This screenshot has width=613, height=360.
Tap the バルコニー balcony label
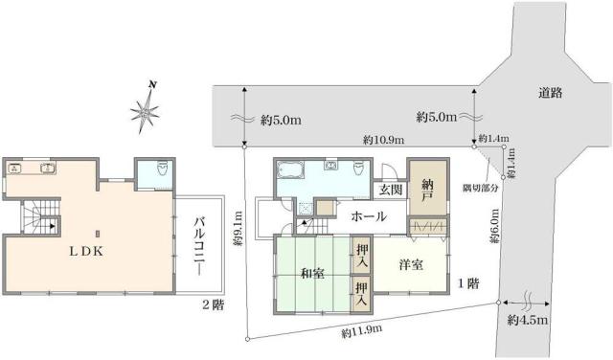click(201, 244)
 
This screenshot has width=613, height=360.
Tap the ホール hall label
click(368, 216)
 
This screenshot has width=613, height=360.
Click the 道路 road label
click(550, 93)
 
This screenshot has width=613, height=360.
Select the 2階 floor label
click(214, 305)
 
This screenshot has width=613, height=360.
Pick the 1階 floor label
click(468, 283)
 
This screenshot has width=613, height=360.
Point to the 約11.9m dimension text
click(362, 331)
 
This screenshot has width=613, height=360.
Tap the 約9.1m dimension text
click(238, 230)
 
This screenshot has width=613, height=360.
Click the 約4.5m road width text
click(527, 319)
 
